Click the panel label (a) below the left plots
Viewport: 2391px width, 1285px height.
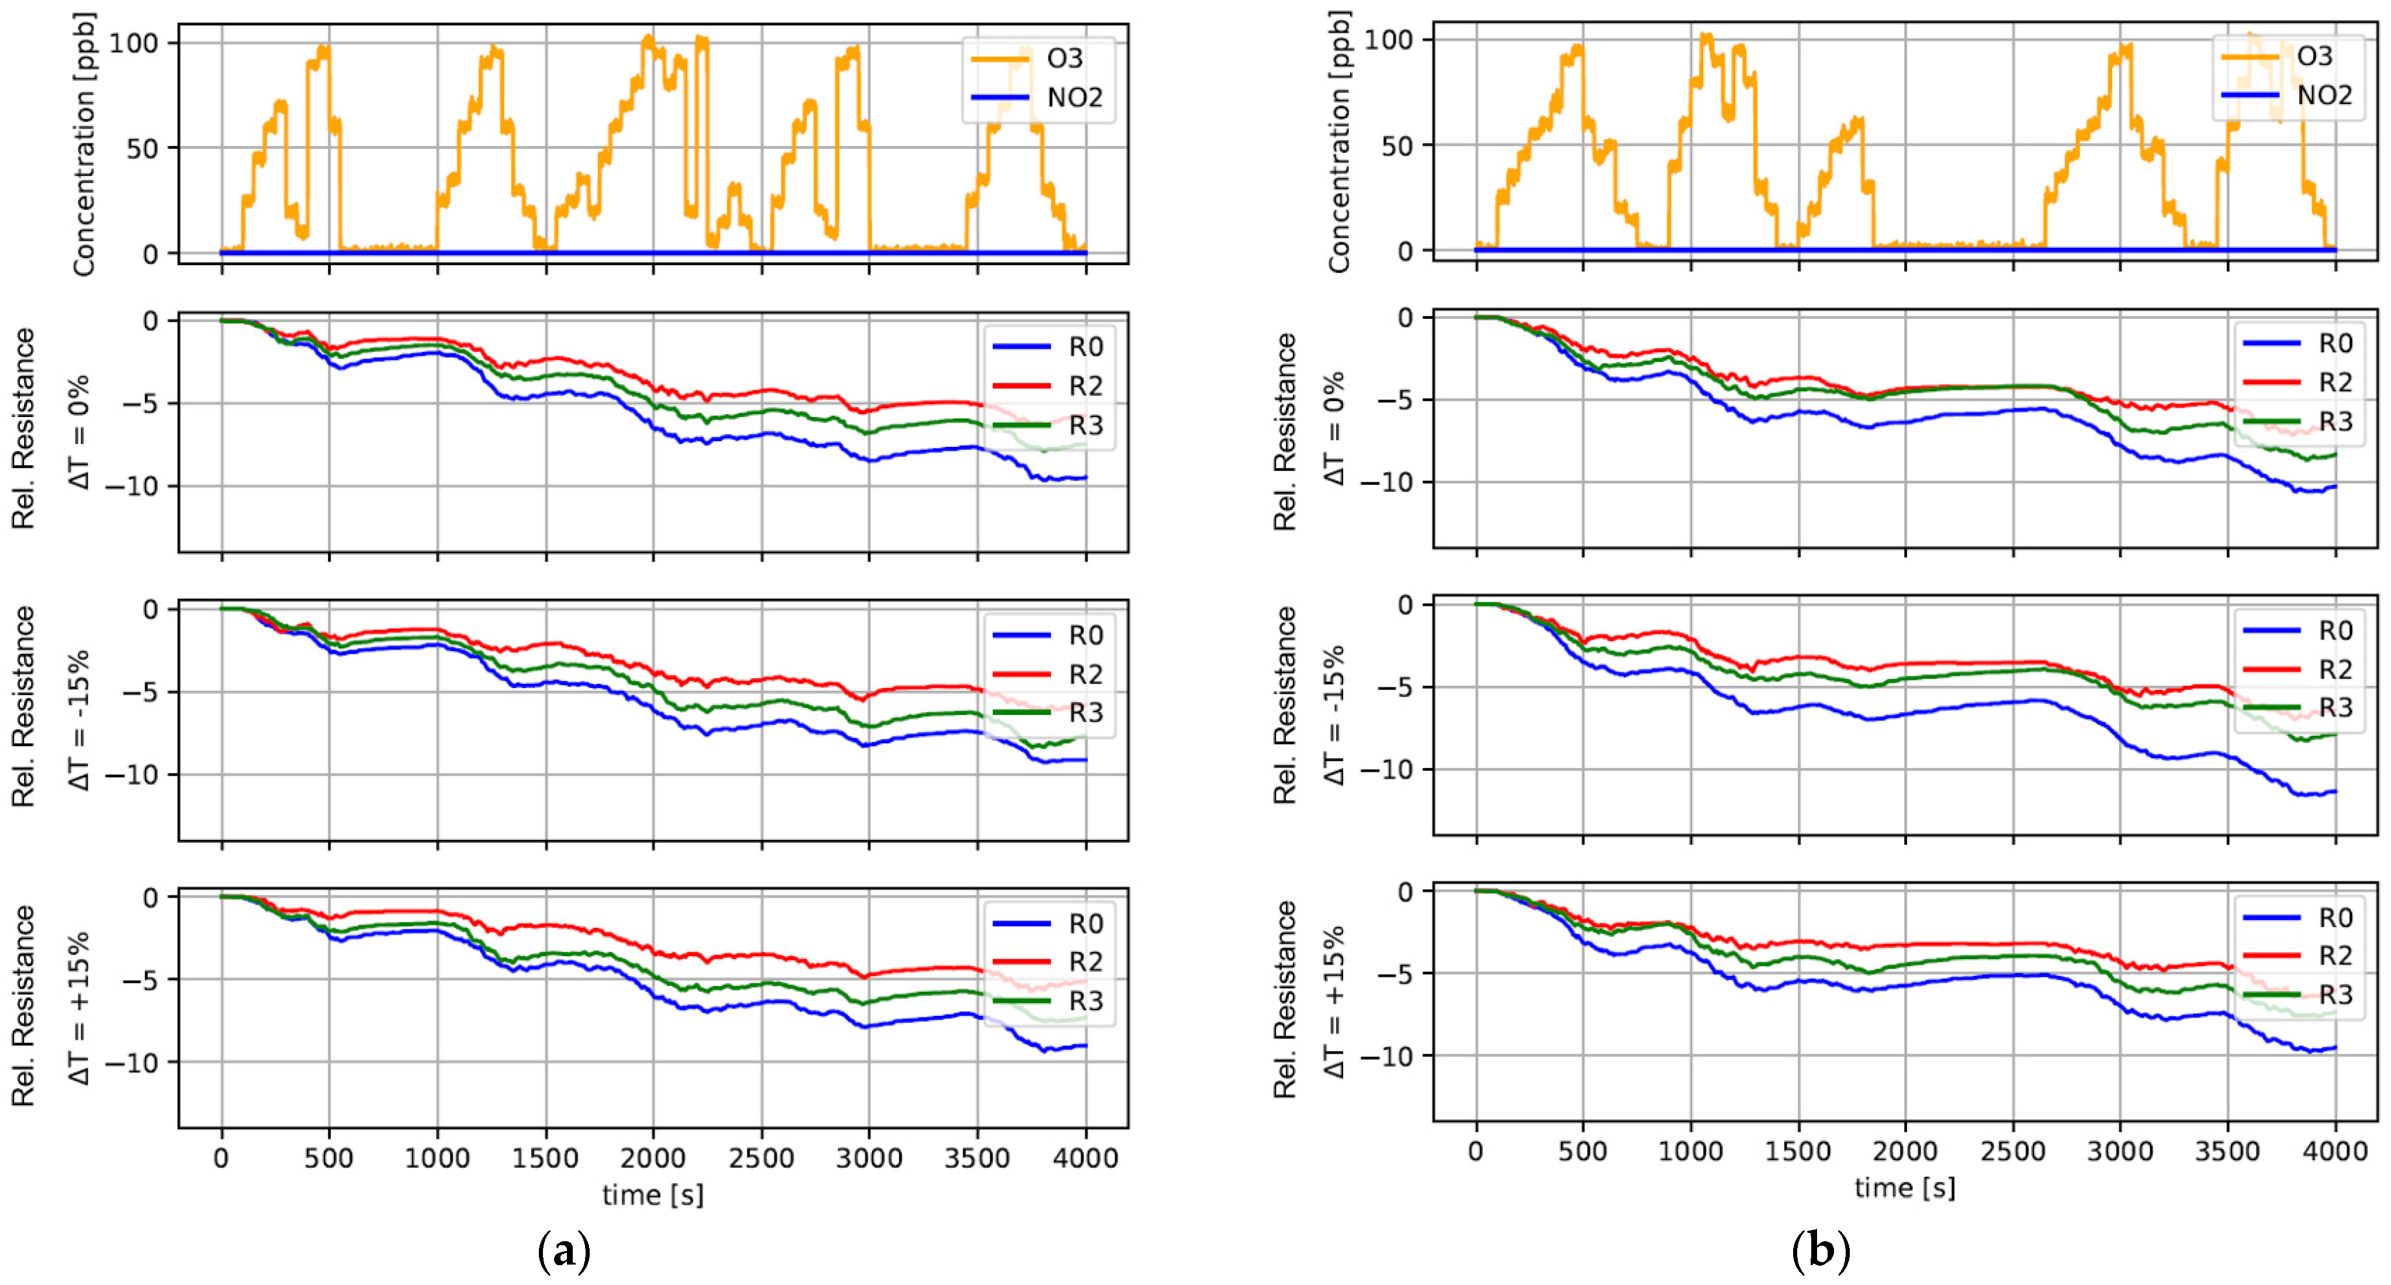tap(563, 1252)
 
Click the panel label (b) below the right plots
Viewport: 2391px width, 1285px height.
tap(1820, 1252)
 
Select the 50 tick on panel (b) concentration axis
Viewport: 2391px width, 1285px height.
tap(1396, 145)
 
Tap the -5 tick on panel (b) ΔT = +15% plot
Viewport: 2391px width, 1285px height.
tap(1396, 973)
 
